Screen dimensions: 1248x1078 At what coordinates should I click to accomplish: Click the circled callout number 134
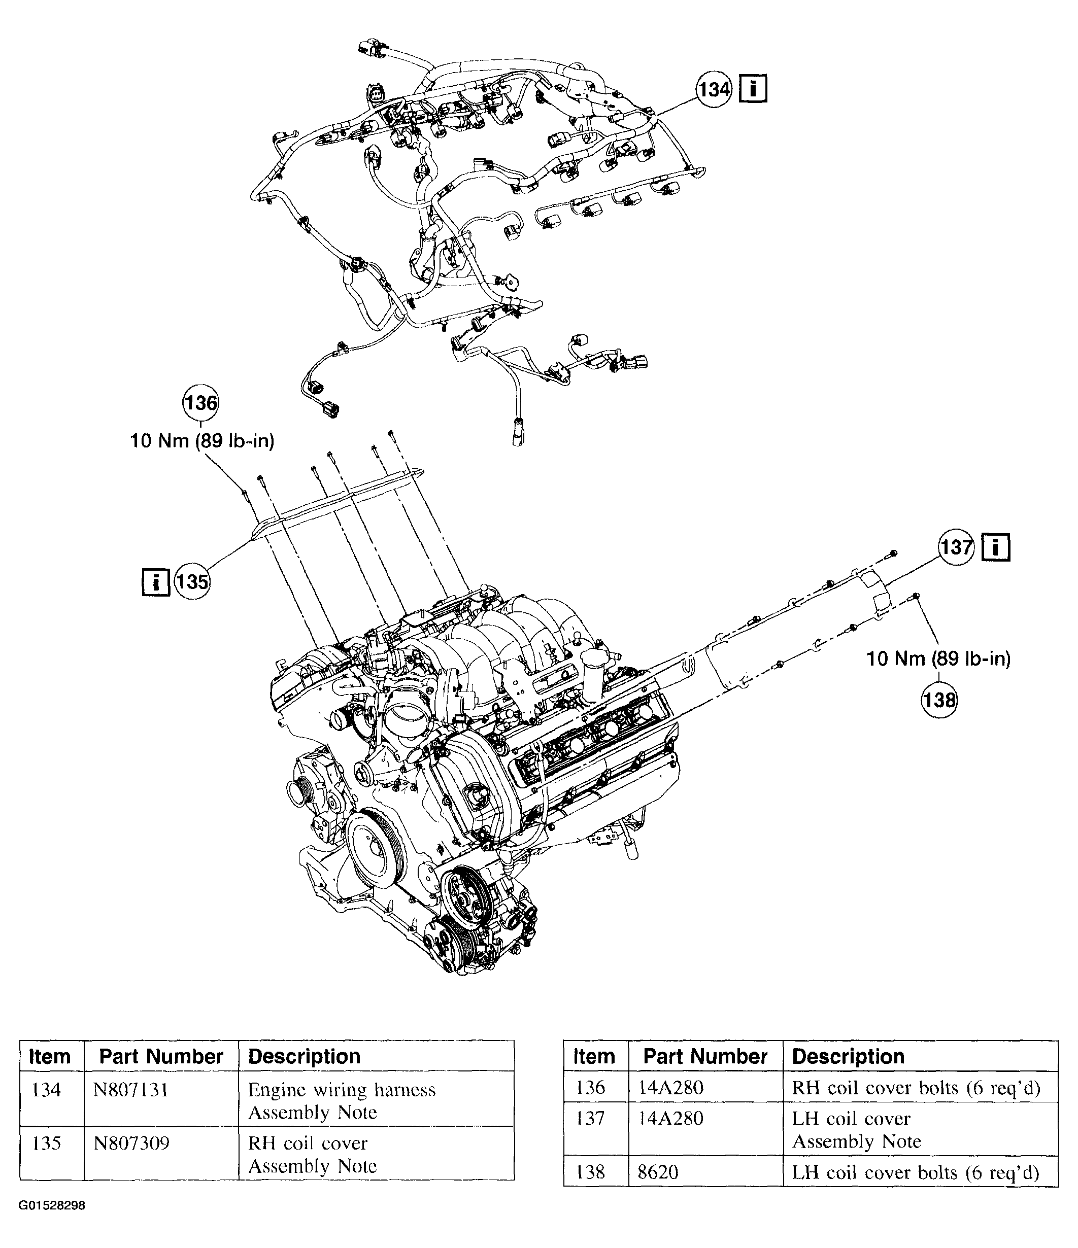714,90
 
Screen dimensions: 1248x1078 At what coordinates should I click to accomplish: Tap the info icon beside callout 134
753,89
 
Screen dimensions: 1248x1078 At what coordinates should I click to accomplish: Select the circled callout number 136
200,402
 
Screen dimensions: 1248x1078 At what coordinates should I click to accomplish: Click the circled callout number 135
193,582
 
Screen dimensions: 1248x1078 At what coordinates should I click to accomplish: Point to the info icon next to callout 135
155,582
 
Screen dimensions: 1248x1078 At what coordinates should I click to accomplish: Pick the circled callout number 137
956,547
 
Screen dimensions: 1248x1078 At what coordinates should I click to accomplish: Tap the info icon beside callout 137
995,547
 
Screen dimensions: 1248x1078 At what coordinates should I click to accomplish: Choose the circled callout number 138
939,700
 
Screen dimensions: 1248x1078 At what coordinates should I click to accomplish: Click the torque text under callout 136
203,441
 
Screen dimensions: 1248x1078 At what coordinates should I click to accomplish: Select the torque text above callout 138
938,658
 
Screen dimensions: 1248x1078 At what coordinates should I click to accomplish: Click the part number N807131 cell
131,1090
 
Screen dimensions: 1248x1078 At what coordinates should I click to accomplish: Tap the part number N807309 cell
131,1142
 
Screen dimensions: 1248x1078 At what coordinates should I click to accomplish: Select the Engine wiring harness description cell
342,1100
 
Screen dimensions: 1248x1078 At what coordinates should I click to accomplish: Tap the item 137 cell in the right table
590,1119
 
